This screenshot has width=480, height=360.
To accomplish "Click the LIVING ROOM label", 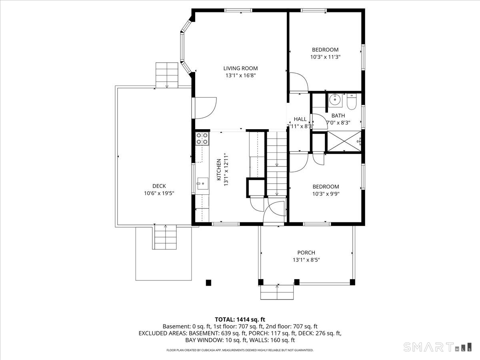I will pos(240,68).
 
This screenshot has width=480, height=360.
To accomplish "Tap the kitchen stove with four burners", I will pos(202,138).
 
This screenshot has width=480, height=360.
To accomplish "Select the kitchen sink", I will pos(202,184).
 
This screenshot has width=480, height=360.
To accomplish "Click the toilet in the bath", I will pos(352,102).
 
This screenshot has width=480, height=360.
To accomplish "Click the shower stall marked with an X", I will pos(344,141).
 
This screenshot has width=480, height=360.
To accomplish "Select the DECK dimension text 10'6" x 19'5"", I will pos(159,193).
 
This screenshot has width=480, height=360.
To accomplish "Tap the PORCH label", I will pos(306,252).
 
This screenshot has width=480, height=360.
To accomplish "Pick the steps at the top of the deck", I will pos(167,75).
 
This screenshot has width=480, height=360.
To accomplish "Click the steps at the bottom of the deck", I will pos(165,237).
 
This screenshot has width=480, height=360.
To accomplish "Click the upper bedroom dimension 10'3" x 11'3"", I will pos(325,57).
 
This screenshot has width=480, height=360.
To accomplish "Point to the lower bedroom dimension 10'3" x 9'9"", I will pos(326,194).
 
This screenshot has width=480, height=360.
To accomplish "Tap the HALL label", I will pos(300,119).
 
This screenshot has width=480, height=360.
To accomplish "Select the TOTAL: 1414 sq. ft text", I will pos(240,319).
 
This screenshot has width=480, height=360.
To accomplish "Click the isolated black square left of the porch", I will pos(208,282).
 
